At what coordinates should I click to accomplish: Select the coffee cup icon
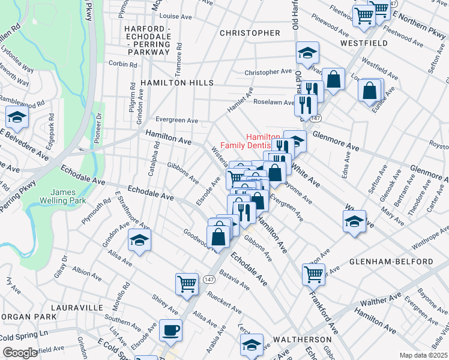pyautogui.click(x=171, y=330)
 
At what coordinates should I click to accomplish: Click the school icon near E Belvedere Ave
pyautogui.click(x=17, y=118)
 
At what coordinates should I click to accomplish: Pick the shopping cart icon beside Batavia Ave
pyautogui.click(x=187, y=283)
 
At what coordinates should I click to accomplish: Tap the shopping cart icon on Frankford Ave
pyautogui.click(x=313, y=274)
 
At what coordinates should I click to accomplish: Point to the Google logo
pyautogui.click(x=20, y=353)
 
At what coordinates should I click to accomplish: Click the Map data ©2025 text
pyautogui.click(x=423, y=355)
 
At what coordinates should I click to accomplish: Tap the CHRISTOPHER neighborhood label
pyautogui.click(x=250, y=33)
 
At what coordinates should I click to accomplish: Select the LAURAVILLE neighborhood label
pyautogui.click(x=77, y=307)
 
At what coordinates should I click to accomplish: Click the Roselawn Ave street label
pyautogui.click(x=274, y=102)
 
